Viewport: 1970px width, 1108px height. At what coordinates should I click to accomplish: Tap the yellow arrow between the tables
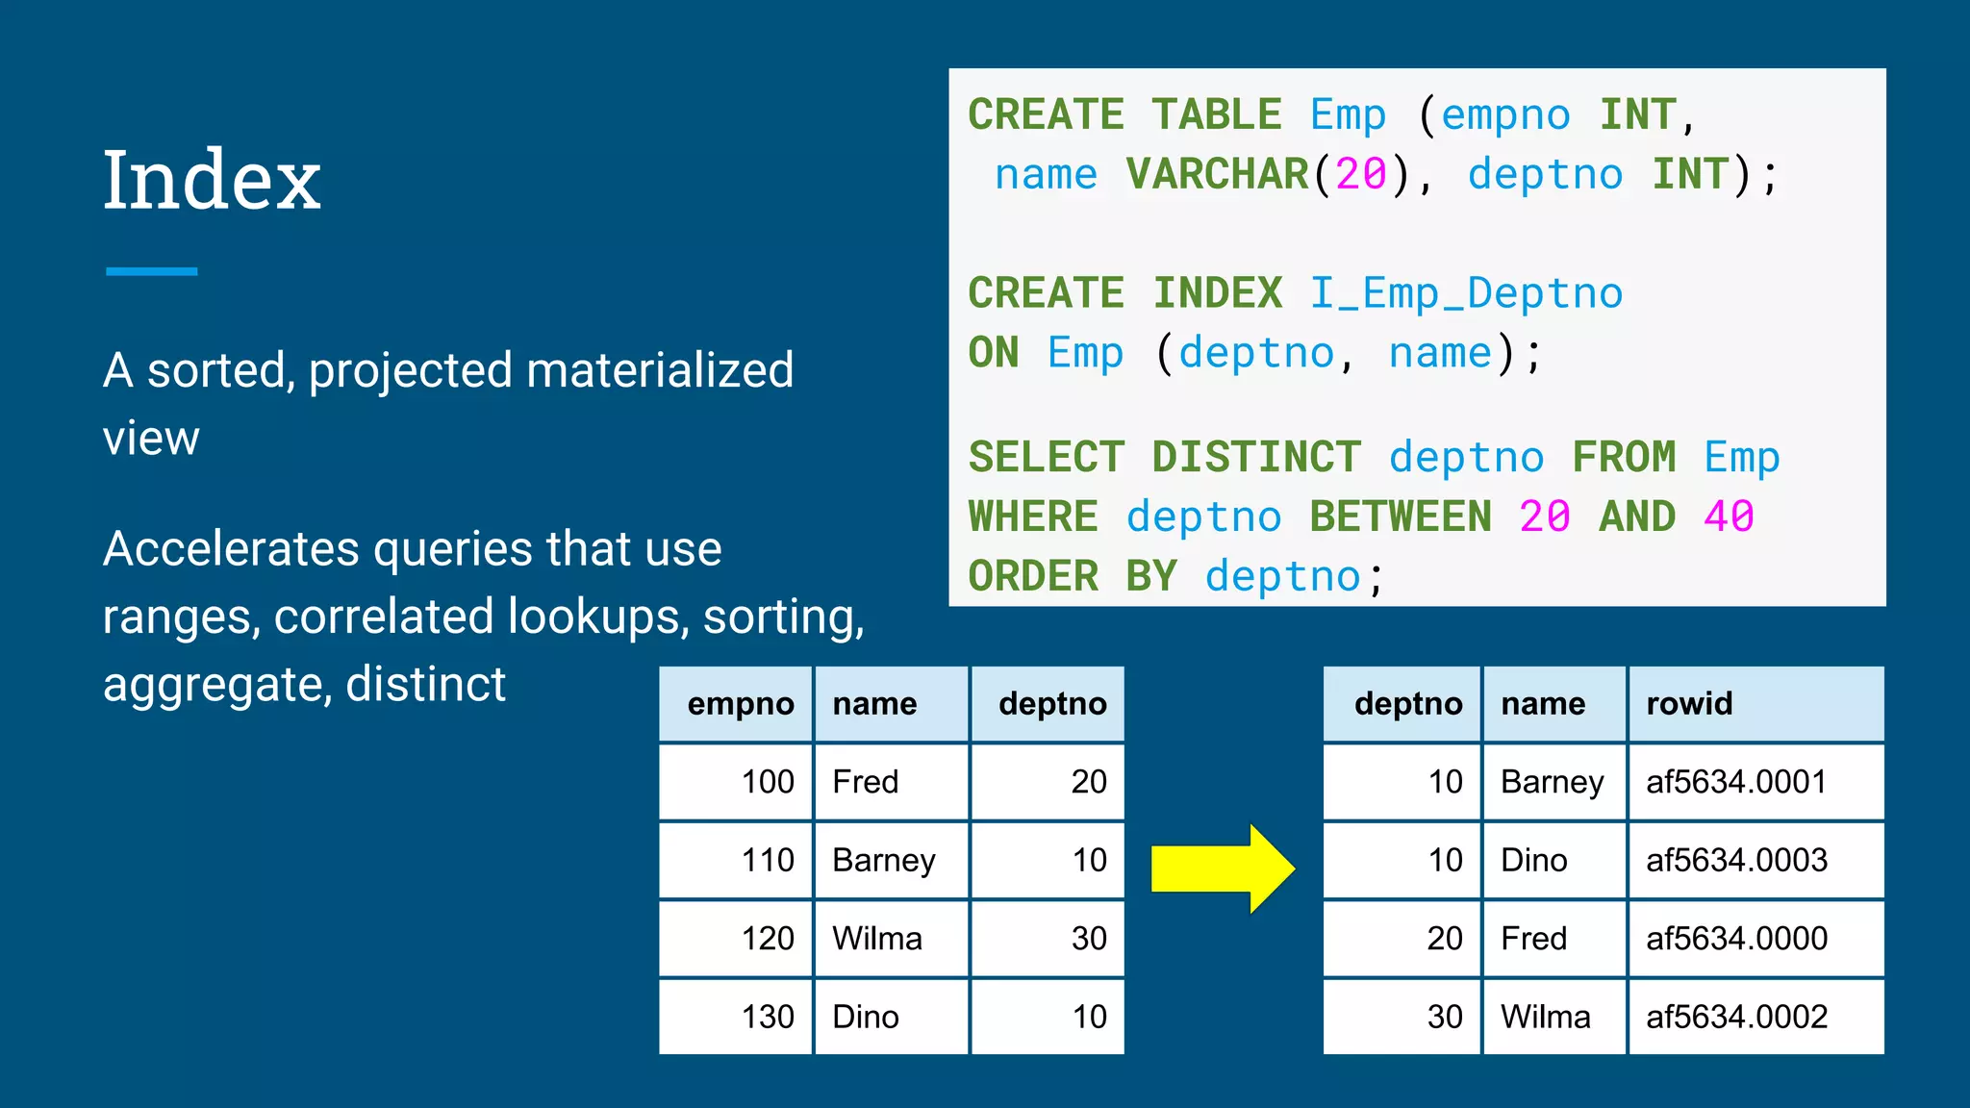pyautogui.click(x=1222, y=868)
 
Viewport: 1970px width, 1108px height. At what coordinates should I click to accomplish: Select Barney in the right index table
pyautogui.click(x=1552, y=782)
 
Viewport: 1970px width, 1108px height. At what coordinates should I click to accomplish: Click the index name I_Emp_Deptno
pyautogui.click(x=1466, y=293)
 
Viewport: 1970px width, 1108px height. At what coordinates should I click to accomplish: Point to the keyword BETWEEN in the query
pyautogui.click(x=1401, y=517)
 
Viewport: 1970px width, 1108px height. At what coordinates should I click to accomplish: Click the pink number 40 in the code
pyautogui.click(x=1729, y=517)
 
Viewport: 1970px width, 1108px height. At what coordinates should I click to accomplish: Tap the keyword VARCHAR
pyautogui.click(x=1217, y=175)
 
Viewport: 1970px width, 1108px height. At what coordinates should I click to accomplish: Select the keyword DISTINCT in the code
pyautogui.click(x=1256, y=458)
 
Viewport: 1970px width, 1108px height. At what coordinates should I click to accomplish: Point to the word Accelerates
pyautogui.click(x=231, y=549)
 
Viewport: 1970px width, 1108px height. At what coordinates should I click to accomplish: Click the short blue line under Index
pyautogui.click(x=151, y=272)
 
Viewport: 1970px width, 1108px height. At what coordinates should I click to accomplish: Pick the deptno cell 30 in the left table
pyautogui.click(x=1089, y=939)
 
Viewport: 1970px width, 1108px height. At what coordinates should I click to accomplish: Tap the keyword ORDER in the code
pyautogui.click(x=1033, y=577)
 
